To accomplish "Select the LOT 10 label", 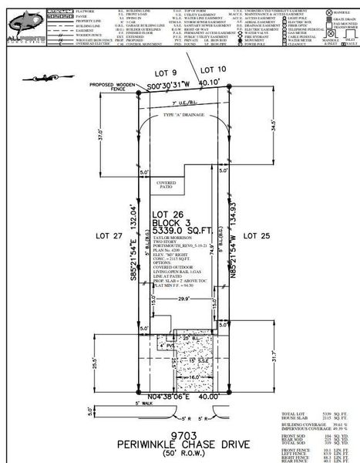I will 218,70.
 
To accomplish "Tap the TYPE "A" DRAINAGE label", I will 183,113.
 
